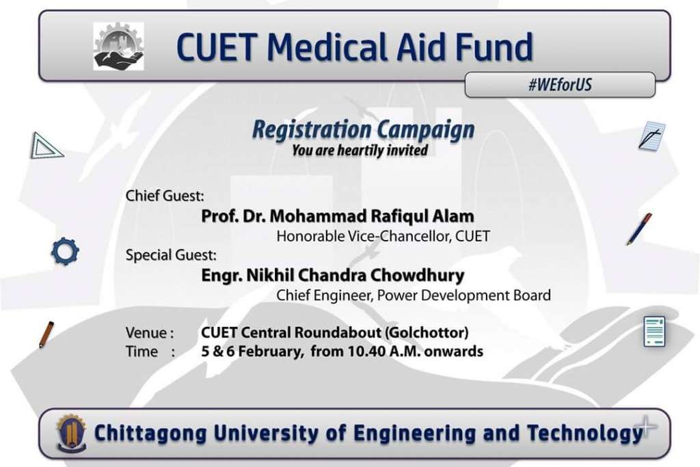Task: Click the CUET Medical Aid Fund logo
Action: [x=118, y=46]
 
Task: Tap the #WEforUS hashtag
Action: [x=560, y=84]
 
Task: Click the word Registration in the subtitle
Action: [x=312, y=130]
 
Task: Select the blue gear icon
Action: [x=65, y=251]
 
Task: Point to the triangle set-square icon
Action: [x=46, y=146]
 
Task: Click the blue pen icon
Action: [x=639, y=228]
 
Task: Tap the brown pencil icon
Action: [x=46, y=334]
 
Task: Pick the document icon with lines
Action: [x=654, y=331]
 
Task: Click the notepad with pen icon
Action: [x=651, y=136]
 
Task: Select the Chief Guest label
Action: [x=165, y=196]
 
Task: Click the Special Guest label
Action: [x=171, y=255]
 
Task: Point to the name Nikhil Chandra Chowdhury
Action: [x=355, y=275]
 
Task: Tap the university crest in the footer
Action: [x=71, y=432]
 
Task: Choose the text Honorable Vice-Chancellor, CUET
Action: [x=383, y=236]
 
